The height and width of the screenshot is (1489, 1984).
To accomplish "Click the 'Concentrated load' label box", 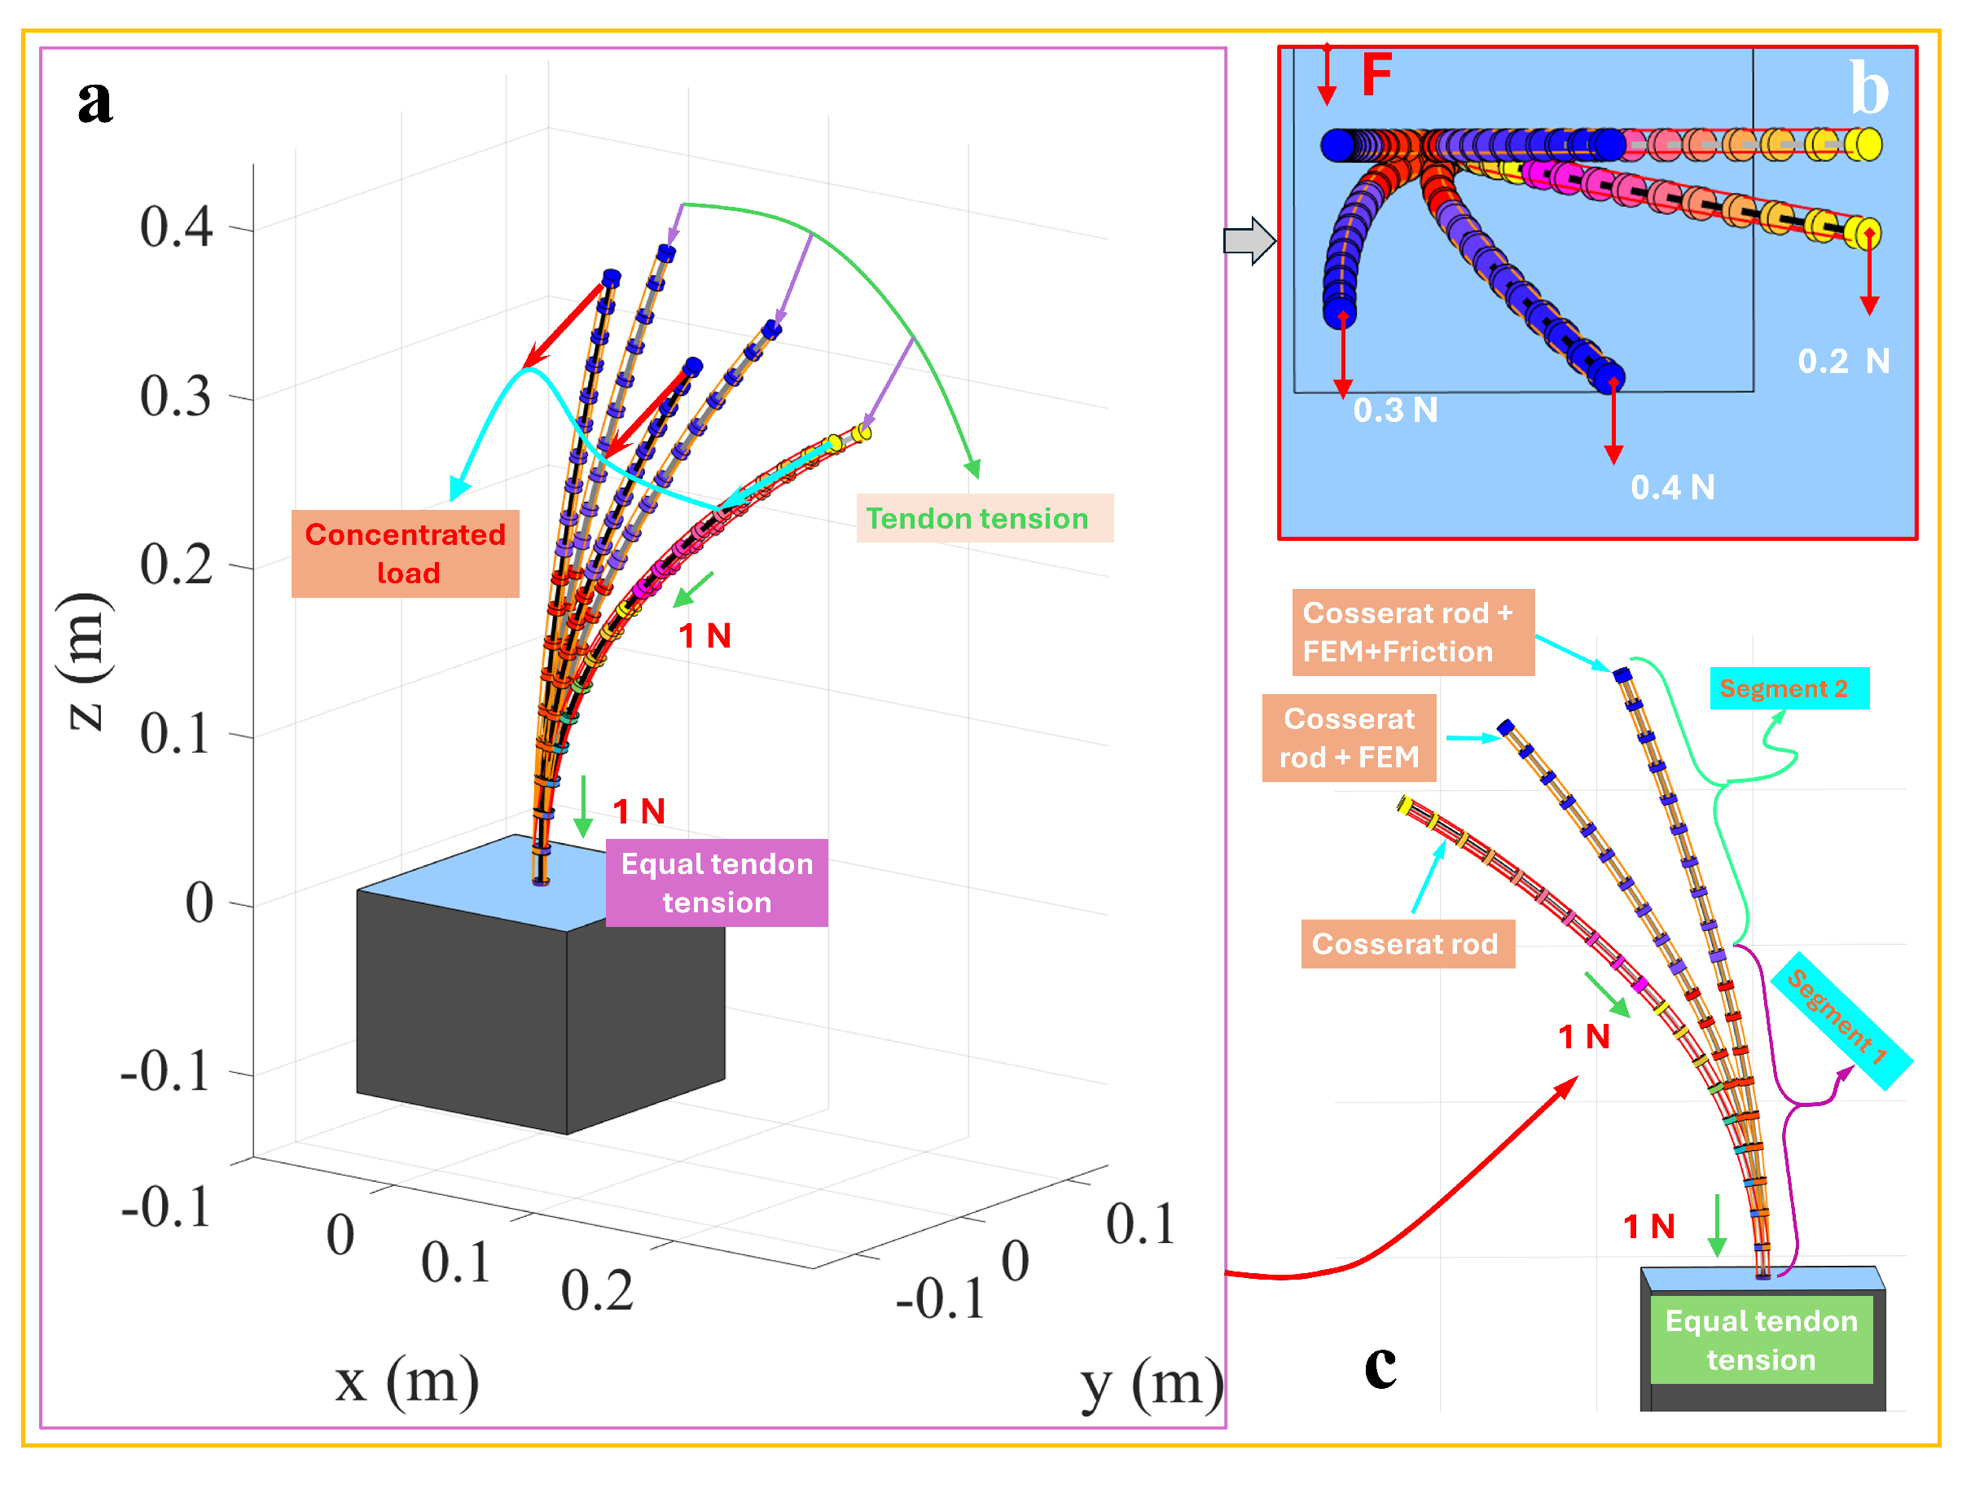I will [x=406, y=553].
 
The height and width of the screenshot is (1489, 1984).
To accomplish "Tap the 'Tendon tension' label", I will [x=983, y=518].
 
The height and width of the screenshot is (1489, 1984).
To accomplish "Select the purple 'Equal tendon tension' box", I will [x=717, y=883].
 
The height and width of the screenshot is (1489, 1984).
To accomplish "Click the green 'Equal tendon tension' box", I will [x=1761, y=1339].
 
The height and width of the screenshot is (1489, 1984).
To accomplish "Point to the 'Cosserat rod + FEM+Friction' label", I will [x=1411, y=632].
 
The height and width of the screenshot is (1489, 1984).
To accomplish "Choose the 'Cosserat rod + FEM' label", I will [x=1348, y=738].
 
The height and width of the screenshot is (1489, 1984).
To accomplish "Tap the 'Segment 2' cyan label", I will [x=1789, y=689].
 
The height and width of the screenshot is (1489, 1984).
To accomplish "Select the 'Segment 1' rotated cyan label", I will [x=1840, y=1019].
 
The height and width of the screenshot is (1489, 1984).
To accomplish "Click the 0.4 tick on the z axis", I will [x=177, y=227].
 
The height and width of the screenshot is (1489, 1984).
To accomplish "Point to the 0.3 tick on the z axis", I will [x=177, y=397].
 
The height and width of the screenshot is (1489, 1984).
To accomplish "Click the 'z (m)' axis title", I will [x=88, y=661].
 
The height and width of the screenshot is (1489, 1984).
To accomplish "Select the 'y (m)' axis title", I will [x=1151, y=1384].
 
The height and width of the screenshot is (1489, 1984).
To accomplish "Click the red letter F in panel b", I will [x=1376, y=73].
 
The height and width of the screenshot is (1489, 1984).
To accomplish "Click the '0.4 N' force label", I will [x=1672, y=488].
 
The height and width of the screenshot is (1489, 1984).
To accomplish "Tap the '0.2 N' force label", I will [x=1843, y=362].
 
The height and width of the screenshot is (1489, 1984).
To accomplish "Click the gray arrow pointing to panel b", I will [x=1249, y=240].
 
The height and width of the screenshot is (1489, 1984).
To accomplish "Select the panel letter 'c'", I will [x=1380, y=1364].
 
